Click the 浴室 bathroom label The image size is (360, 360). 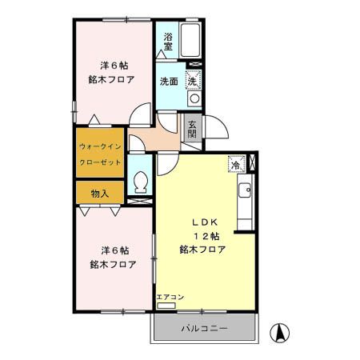click(169, 42)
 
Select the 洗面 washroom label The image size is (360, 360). click(168, 82)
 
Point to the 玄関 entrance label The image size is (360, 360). click(193, 128)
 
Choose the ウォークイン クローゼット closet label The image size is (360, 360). click(101, 154)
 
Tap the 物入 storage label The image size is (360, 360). click(100, 194)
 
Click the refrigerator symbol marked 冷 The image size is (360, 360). click(237, 163)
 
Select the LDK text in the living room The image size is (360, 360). click(202, 222)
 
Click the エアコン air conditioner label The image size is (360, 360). click(170, 298)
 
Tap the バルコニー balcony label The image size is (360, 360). click(204, 329)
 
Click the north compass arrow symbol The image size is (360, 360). click(281, 332)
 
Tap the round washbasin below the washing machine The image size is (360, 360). click(193, 98)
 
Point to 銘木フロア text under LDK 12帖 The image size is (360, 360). click(202, 250)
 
